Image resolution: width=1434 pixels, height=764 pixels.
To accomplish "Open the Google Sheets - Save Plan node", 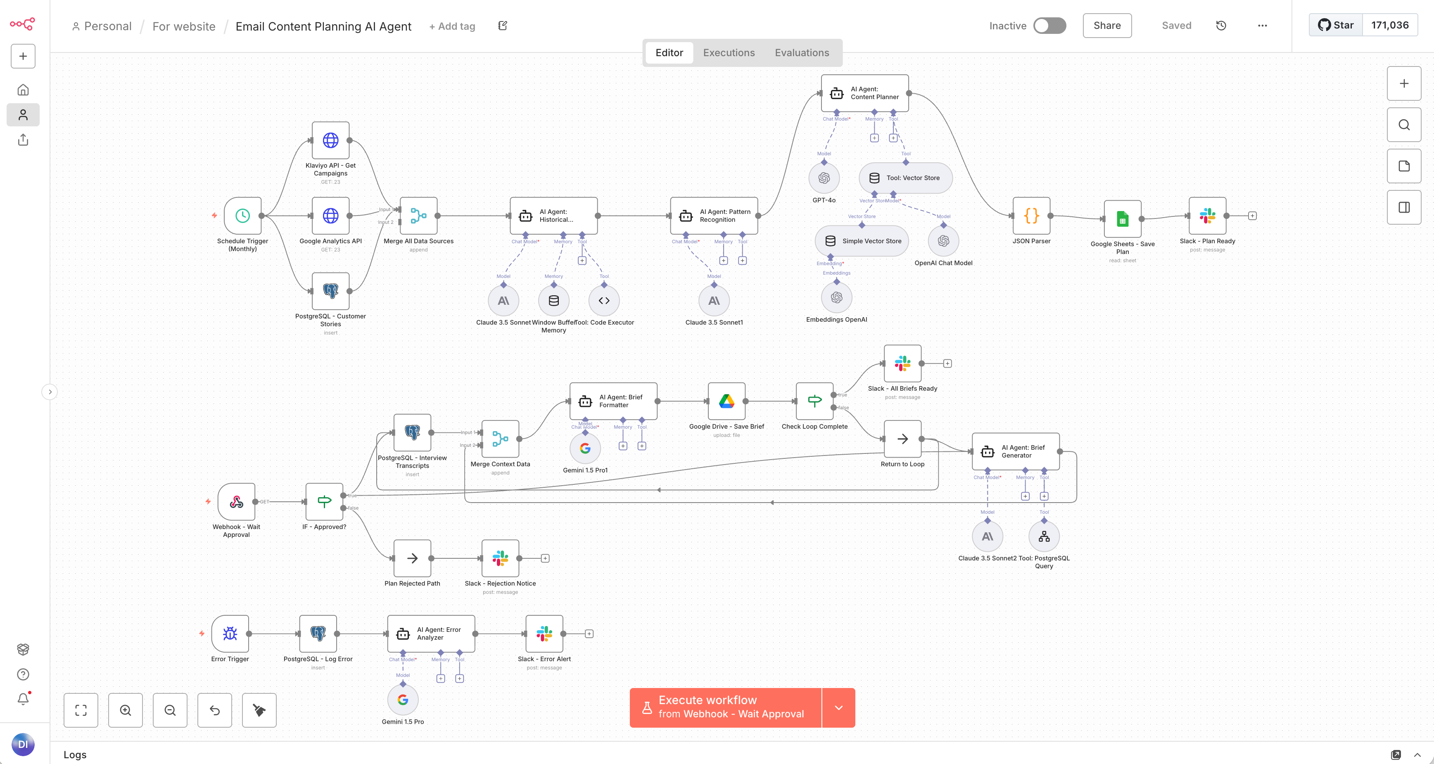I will coord(1122,219).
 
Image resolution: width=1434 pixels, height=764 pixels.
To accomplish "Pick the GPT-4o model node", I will coord(824,178).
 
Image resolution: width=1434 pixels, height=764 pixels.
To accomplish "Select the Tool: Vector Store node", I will coord(905,178).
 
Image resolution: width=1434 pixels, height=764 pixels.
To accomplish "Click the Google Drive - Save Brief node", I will coord(726,401).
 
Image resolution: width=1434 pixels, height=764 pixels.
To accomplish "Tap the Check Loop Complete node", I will coord(814,401).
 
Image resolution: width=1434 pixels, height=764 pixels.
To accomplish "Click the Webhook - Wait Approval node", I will coord(236,502).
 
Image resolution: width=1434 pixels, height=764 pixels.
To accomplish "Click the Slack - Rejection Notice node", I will coord(500,558).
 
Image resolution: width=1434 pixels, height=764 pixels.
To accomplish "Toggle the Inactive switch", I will coord(1049,26).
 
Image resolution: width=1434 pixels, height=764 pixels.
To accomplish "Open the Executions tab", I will coord(728,53).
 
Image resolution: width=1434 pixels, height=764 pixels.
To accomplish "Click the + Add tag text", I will coord(452,26).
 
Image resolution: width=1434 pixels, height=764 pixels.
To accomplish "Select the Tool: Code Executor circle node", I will coord(603,301).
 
